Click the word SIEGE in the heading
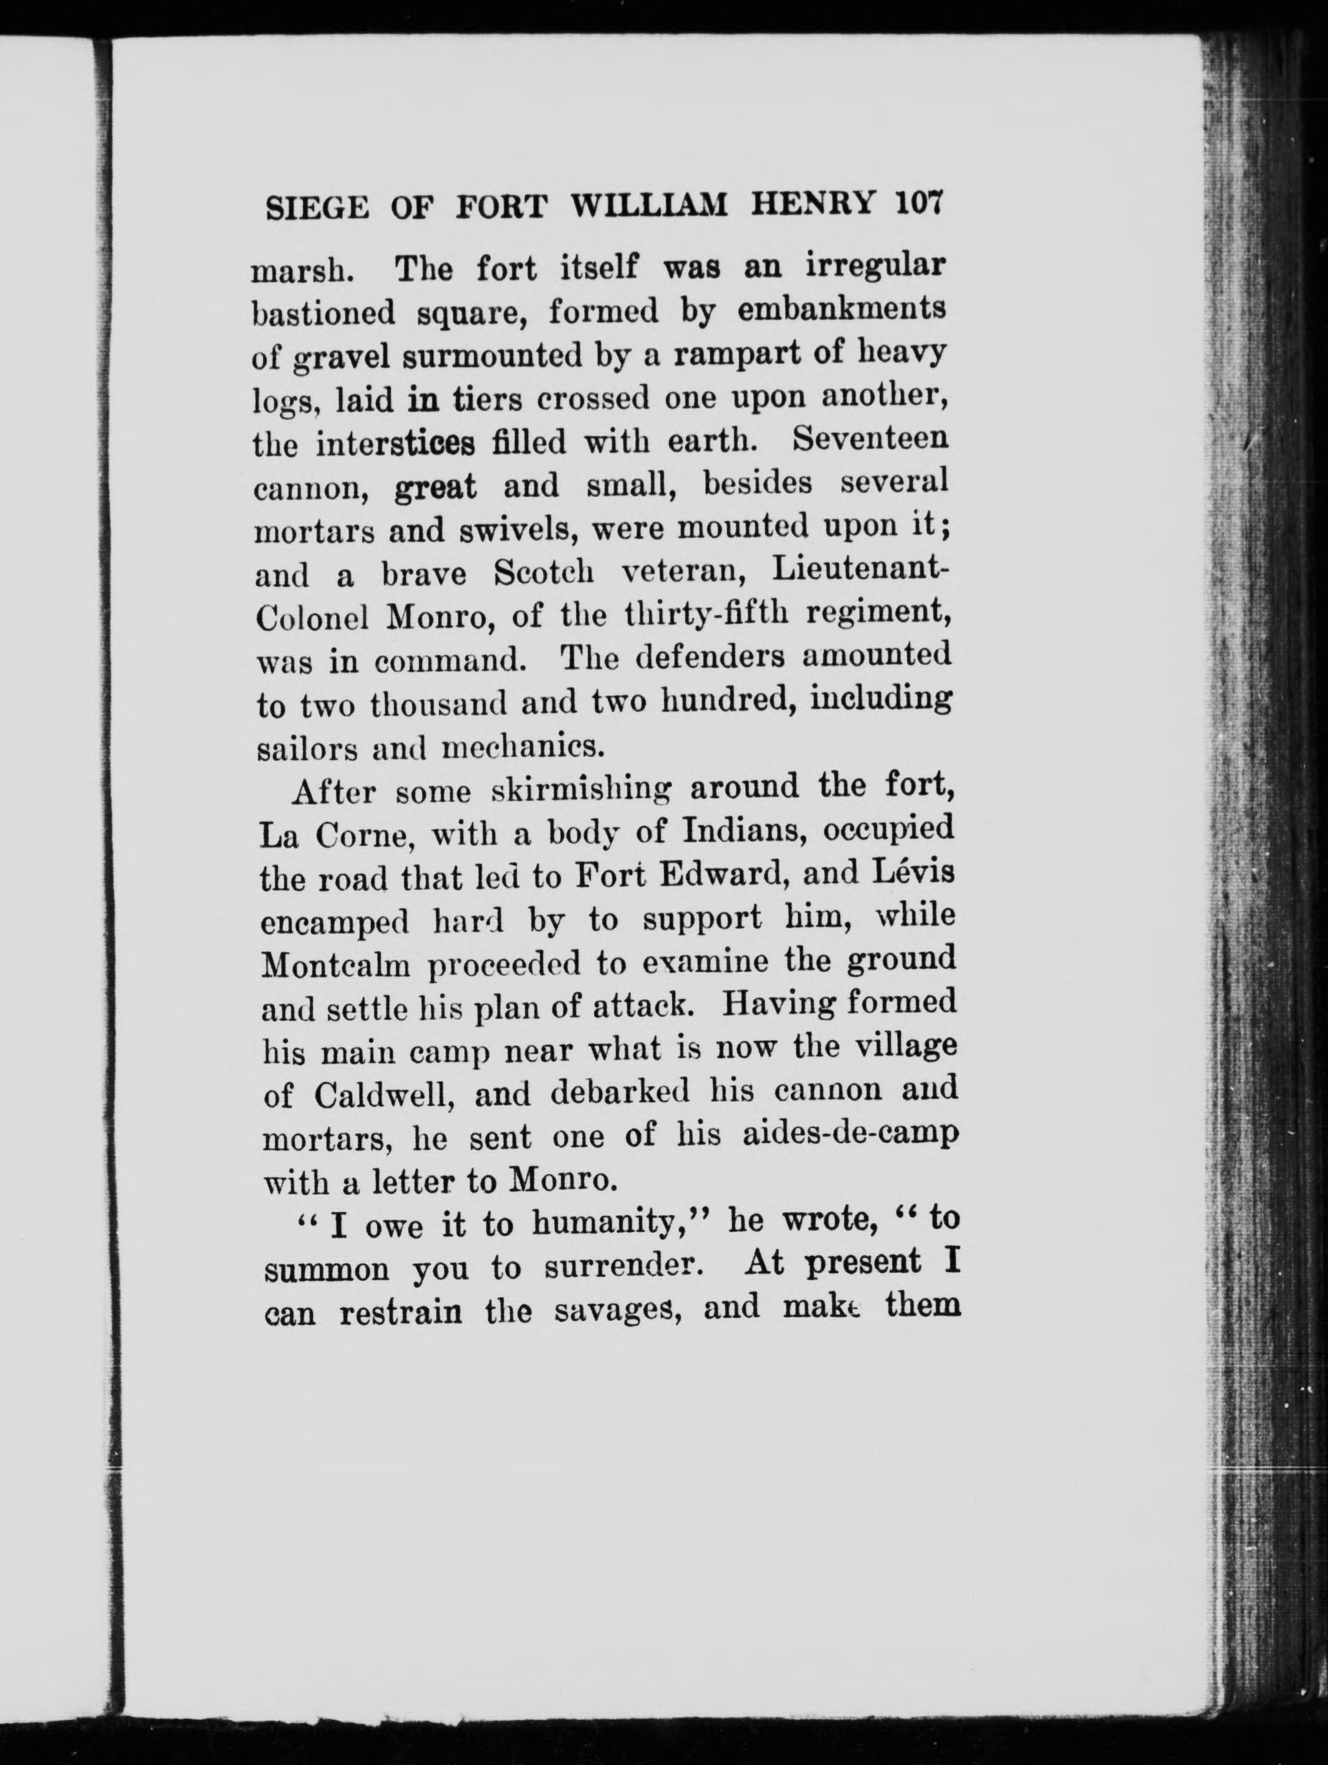pos(317,208)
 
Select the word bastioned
pos(323,313)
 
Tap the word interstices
pos(396,443)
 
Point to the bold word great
pos(436,487)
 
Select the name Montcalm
pos(336,965)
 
